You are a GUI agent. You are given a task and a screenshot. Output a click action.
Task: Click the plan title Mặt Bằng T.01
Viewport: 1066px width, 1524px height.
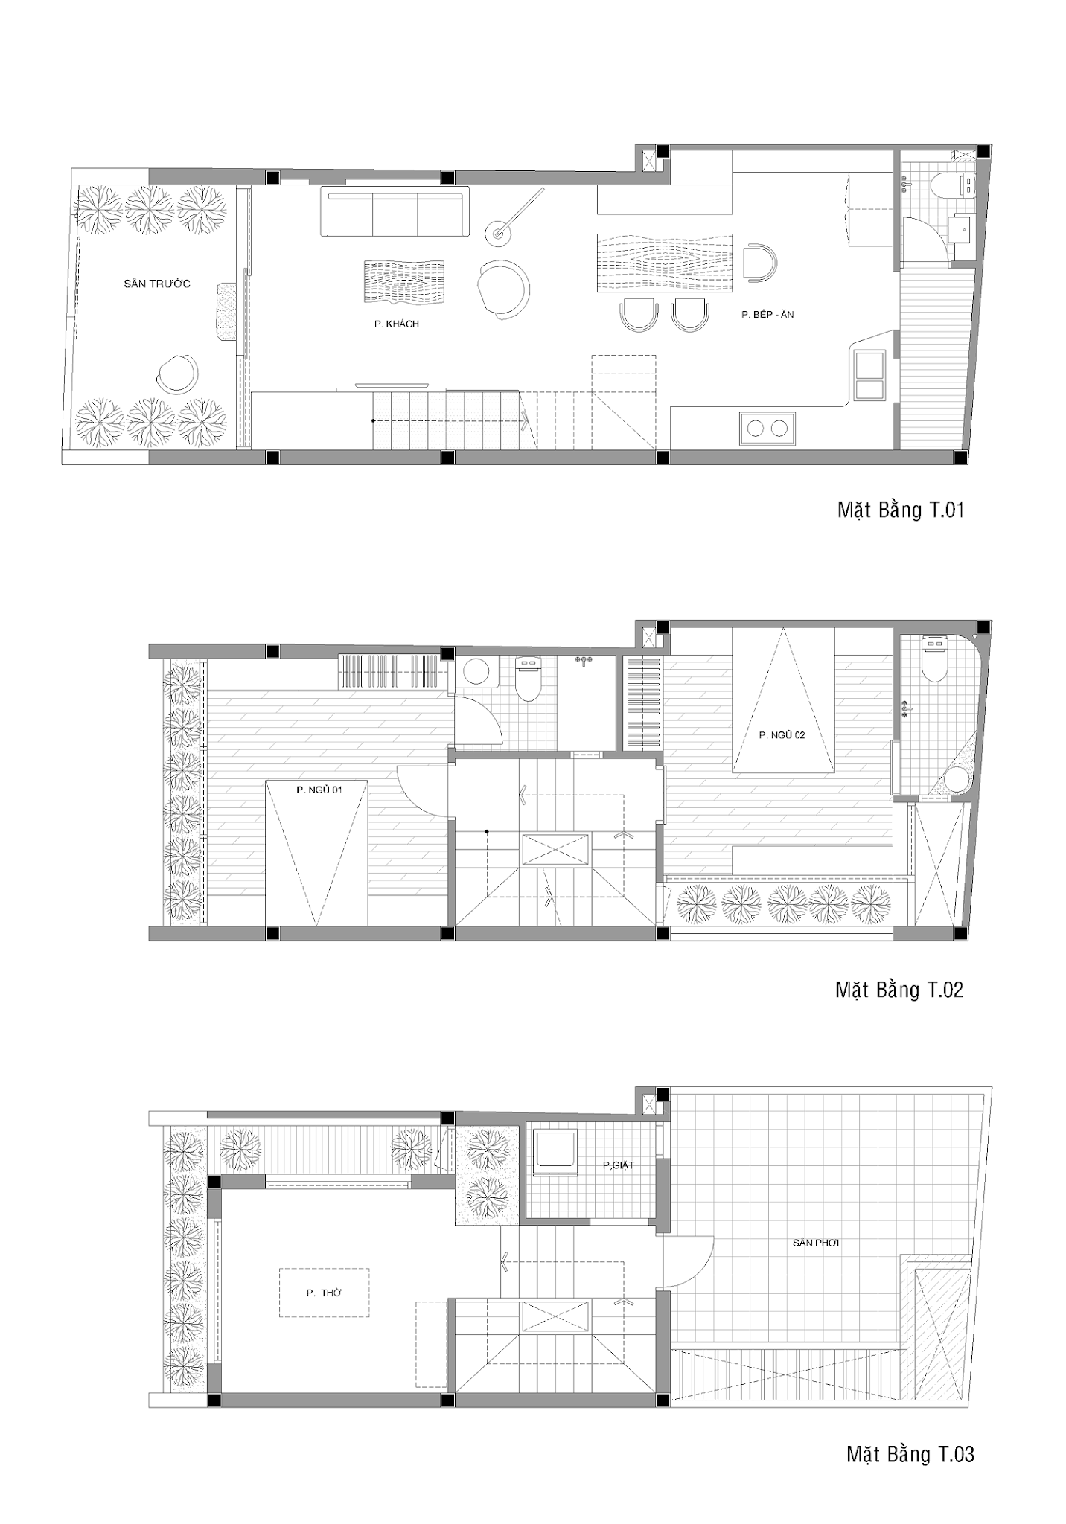(x=901, y=510)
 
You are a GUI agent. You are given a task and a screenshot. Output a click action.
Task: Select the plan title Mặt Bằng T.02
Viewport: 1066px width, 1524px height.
(x=899, y=990)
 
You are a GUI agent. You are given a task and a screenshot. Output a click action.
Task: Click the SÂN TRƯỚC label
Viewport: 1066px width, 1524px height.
(x=157, y=284)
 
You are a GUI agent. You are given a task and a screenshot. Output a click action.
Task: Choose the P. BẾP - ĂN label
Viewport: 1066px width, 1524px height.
(x=767, y=315)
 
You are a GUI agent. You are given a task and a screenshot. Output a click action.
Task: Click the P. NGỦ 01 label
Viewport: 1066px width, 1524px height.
(x=319, y=790)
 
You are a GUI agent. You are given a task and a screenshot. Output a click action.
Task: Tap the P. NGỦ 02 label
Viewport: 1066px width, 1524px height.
(x=782, y=734)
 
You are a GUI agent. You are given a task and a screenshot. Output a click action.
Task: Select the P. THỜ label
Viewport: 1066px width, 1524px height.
(x=324, y=1293)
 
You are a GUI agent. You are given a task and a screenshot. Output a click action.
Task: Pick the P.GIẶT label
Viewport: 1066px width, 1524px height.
(x=619, y=1165)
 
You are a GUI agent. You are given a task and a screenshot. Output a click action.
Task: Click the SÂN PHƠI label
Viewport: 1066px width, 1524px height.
(x=816, y=1243)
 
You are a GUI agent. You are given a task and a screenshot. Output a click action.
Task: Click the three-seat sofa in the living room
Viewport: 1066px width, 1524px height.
(x=395, y=213)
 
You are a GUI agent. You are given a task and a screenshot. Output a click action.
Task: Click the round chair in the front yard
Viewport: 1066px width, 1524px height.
(x=178, y=374)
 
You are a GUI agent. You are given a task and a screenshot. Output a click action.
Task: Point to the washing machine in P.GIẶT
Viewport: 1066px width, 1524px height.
(x=555, y=1153)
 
